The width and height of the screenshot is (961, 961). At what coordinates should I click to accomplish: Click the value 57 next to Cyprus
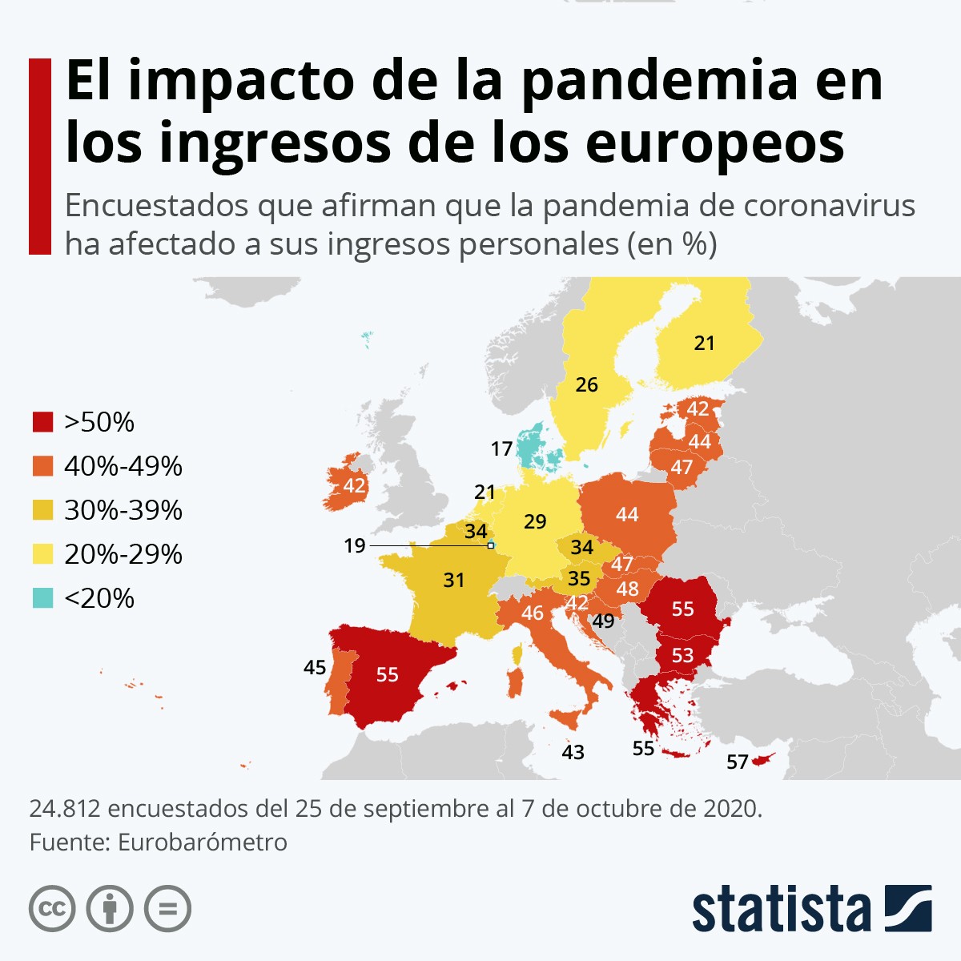738,762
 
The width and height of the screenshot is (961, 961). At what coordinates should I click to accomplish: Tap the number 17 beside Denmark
502,449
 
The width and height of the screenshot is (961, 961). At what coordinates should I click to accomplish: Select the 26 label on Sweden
587,385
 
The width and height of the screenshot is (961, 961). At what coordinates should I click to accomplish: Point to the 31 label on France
454,580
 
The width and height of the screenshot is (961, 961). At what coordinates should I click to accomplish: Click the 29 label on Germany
535,522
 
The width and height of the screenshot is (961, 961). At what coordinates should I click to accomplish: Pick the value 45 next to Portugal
315,667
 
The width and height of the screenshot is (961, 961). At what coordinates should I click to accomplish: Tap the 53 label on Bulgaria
682,656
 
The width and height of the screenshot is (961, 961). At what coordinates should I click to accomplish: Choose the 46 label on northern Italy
533,613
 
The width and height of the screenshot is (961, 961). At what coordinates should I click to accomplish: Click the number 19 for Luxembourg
355,546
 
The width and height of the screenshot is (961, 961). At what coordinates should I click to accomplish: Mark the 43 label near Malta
573,752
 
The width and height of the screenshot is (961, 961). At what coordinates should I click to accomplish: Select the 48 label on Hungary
628,589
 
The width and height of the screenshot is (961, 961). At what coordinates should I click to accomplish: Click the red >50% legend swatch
42,422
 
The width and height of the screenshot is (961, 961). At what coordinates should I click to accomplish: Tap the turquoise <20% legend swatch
42,598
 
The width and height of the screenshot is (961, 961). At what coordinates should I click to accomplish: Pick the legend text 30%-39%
123,510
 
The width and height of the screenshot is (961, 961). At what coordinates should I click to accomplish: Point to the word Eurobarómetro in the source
202,842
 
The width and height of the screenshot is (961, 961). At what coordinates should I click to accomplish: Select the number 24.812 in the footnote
64,809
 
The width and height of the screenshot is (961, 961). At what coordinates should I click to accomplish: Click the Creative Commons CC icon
52,909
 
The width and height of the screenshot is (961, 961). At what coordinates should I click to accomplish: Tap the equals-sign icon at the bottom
167,909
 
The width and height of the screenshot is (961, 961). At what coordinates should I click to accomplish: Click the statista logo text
781,910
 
